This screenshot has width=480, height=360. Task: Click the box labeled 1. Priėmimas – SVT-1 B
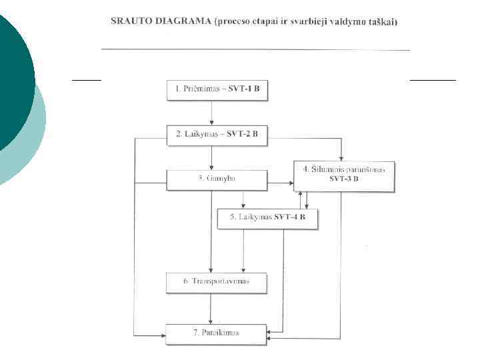pos(217,90)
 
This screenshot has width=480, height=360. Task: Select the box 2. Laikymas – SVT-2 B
pos(217,134)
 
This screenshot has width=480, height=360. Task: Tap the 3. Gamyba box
pos(217,179)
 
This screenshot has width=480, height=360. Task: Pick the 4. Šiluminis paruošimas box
pos(344,174)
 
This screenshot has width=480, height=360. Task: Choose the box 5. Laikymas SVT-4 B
pos(267,218)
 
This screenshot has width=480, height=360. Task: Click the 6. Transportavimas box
pos(217,282)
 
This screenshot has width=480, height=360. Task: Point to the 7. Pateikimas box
pos(217,333)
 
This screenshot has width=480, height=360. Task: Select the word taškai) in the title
pos(382,22)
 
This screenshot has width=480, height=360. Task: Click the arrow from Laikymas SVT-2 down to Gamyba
pos(212,156)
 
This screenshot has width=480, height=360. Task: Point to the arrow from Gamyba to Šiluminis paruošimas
pos(280,181)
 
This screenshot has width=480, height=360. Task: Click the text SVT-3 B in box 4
pos(344,179)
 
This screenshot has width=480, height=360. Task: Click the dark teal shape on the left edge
pos(13,80)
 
